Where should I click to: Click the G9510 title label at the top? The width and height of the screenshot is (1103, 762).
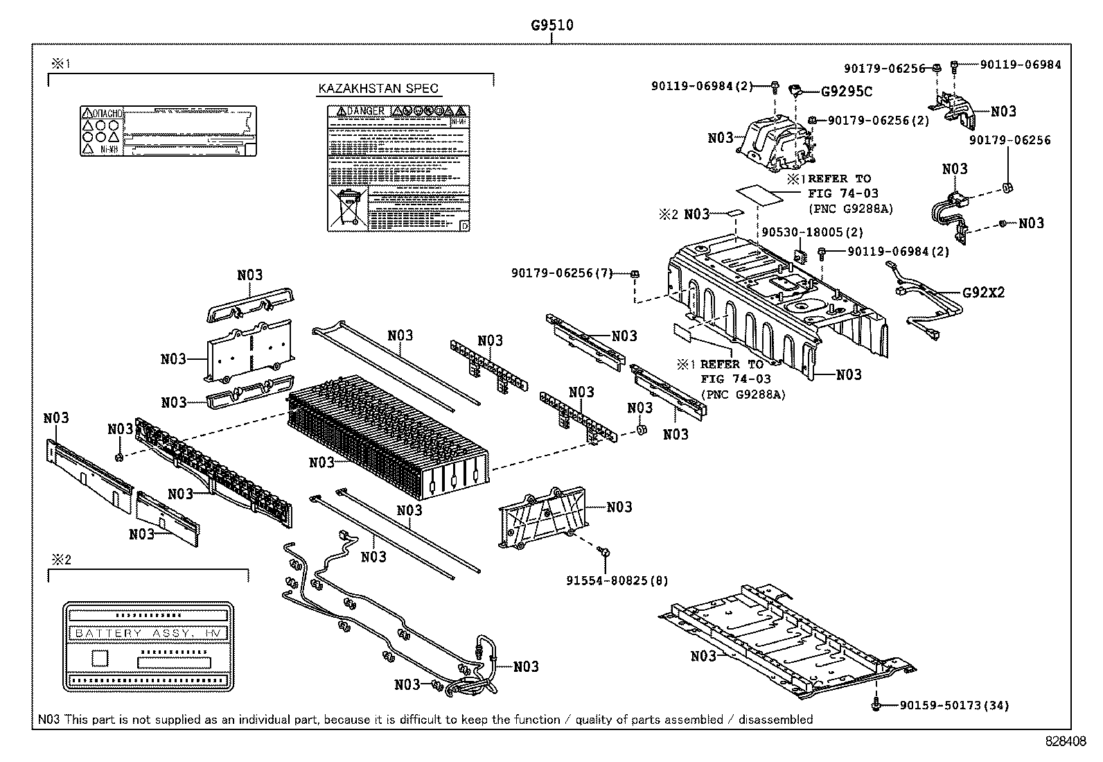[x=551, y=26]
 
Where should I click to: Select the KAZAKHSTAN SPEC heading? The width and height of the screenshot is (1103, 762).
[x=378, y=89]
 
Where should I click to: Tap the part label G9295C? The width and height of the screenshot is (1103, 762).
[x=847, y=91]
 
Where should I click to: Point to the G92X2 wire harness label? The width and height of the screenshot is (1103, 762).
[x=983, y=292]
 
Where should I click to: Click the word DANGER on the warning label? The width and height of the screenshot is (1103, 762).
[x=365, y=111]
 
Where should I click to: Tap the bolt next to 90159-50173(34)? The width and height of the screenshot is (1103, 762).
[x=876, y=706]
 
